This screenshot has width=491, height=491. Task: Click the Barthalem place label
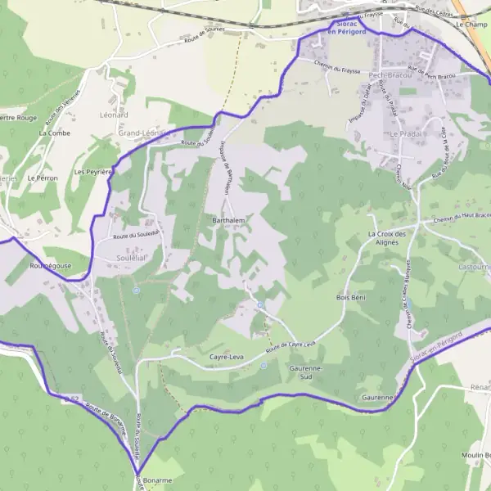coord(229,221)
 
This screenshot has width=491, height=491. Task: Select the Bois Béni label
coord(350,297)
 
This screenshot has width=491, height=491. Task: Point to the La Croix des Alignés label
coord(382,238)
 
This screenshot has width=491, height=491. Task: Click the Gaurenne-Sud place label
coord(306,373)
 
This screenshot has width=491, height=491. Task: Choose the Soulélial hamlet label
coord(119,256)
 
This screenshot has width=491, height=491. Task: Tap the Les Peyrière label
coord(92,173)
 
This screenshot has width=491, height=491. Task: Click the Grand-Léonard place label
coord(142,133)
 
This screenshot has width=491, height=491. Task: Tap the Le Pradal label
coord(403,133)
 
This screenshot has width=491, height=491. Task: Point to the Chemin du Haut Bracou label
coord(455,219)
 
